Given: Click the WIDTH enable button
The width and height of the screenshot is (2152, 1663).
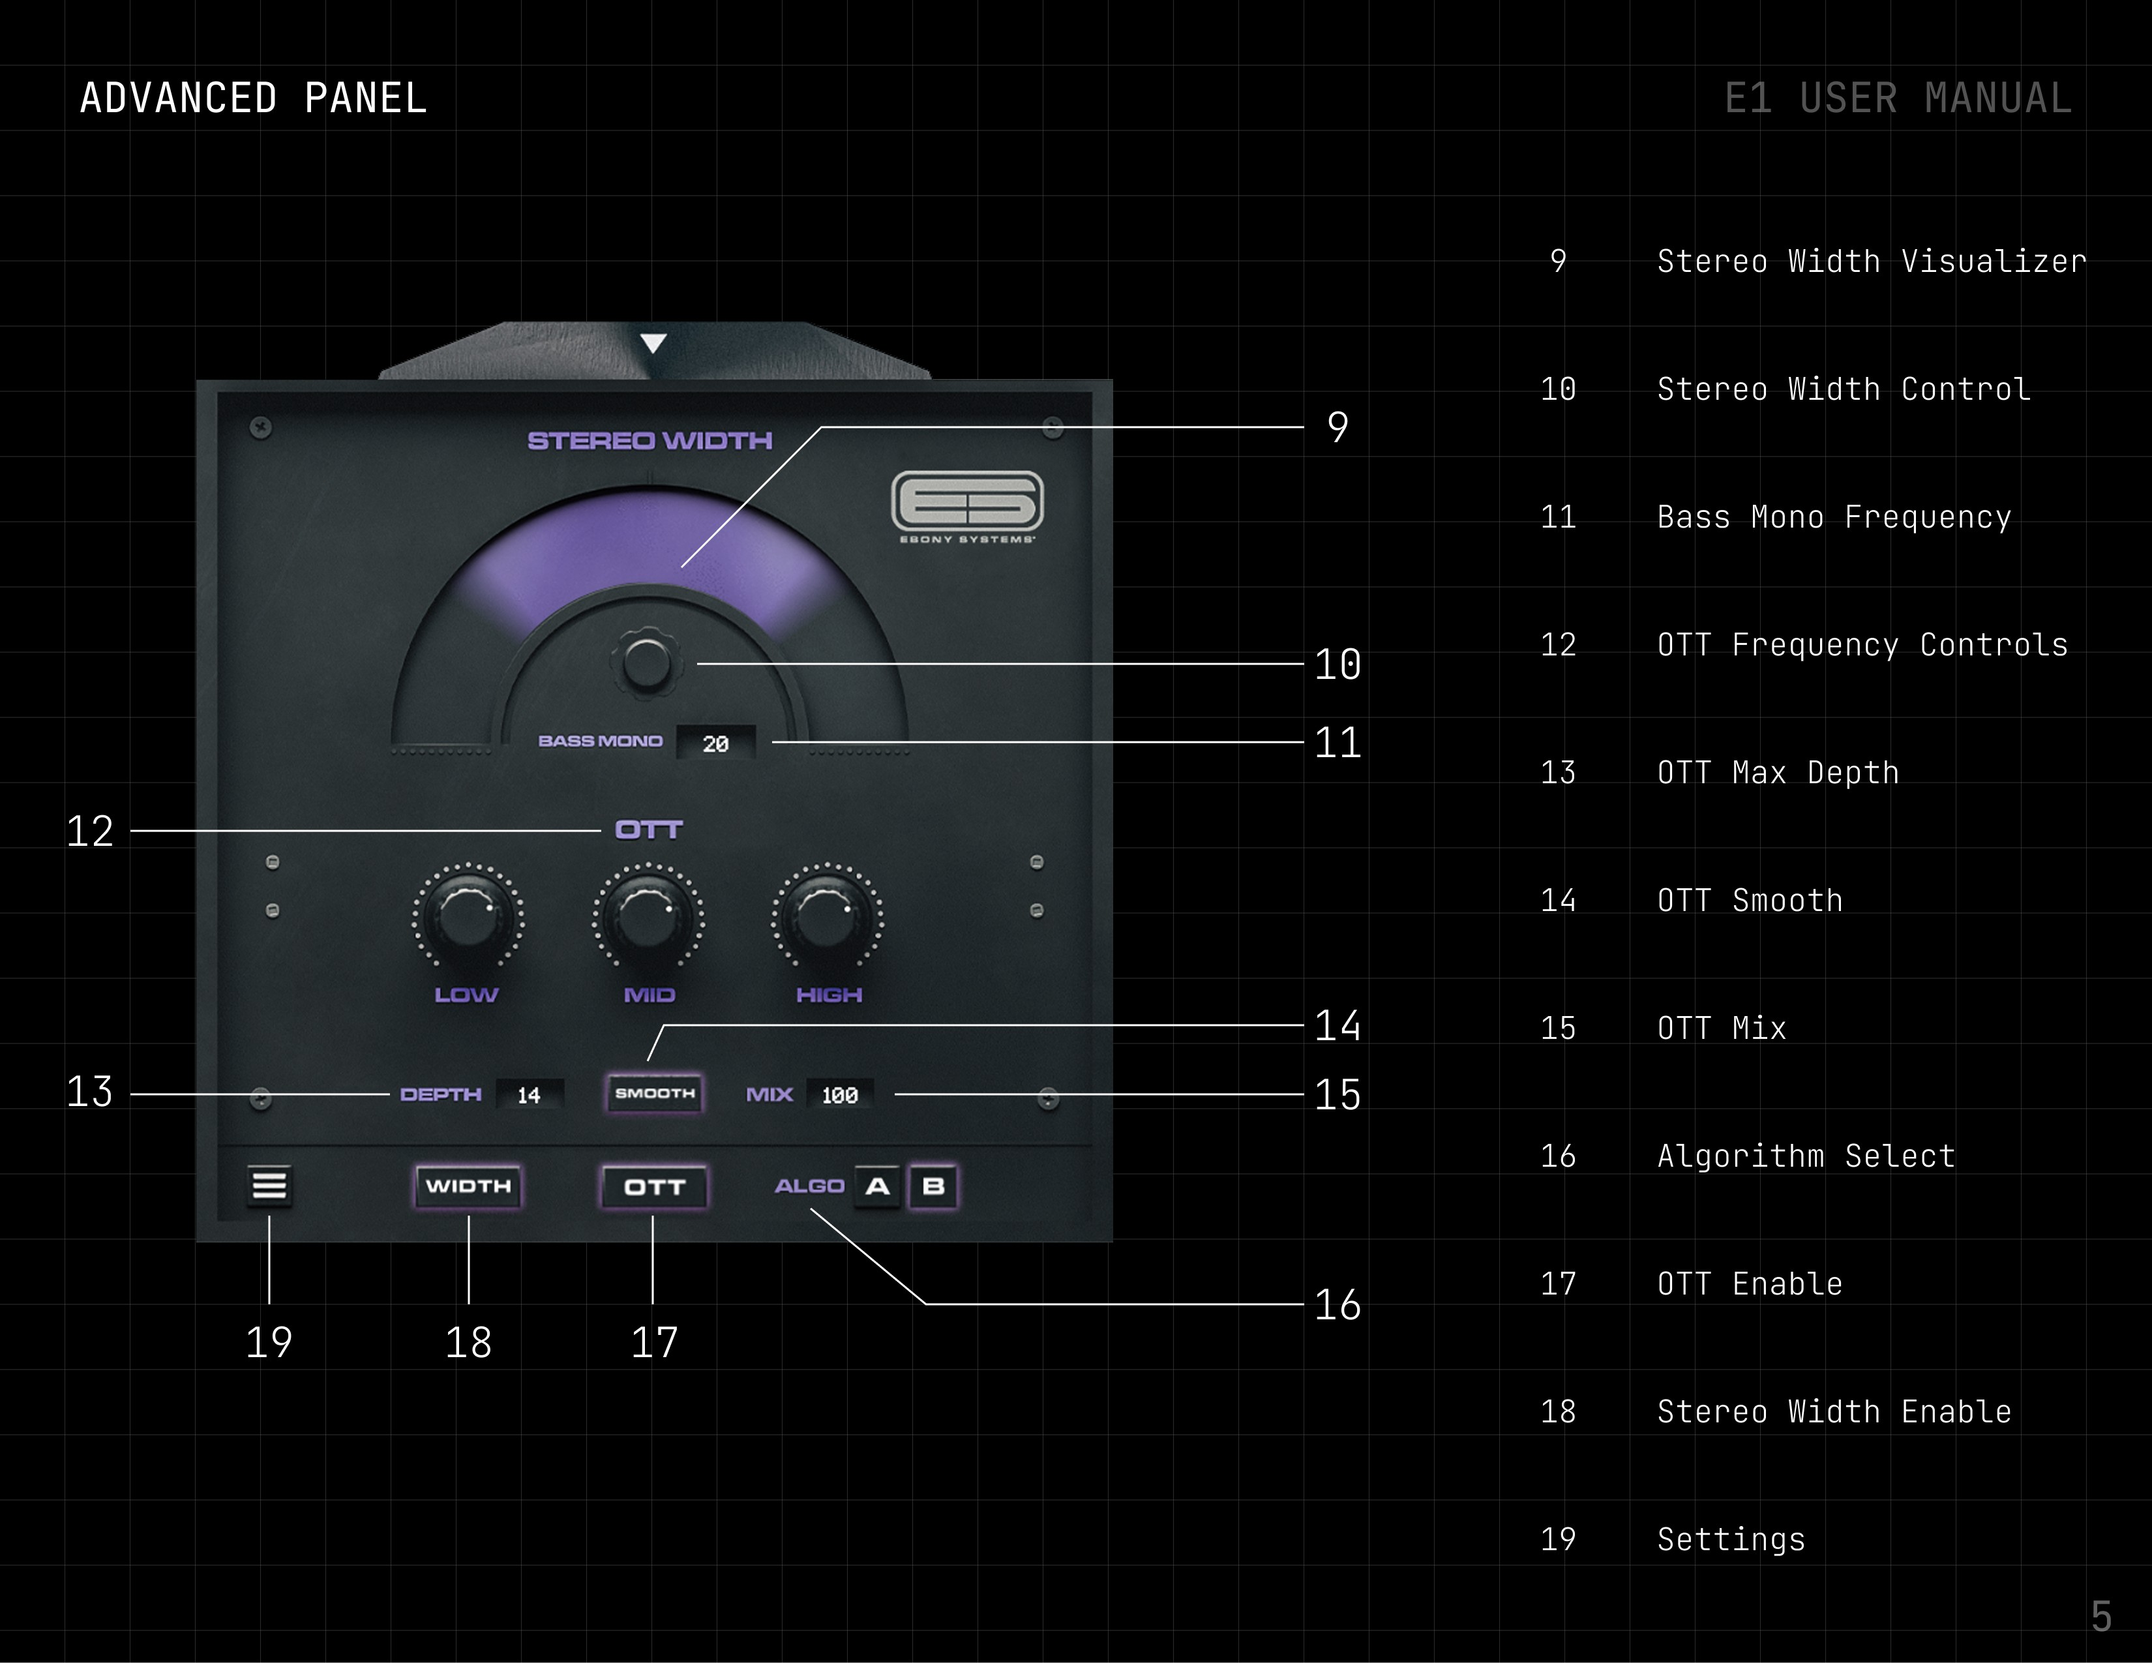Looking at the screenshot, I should (468, 1186).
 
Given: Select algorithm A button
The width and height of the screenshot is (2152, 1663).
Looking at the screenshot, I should (877, 1186).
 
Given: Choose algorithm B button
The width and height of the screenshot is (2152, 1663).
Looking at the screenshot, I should (933, 1186).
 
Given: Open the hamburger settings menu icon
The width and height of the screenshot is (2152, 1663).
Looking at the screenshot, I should (269, 1185).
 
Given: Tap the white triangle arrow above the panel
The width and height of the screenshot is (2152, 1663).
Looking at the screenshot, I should (653, 343).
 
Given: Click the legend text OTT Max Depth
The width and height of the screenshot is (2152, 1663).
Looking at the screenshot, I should (1778, 772).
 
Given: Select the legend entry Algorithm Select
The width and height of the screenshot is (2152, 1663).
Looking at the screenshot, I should (1805, 1156).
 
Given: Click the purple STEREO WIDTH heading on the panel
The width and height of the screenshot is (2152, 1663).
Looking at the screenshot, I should (650, 440).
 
